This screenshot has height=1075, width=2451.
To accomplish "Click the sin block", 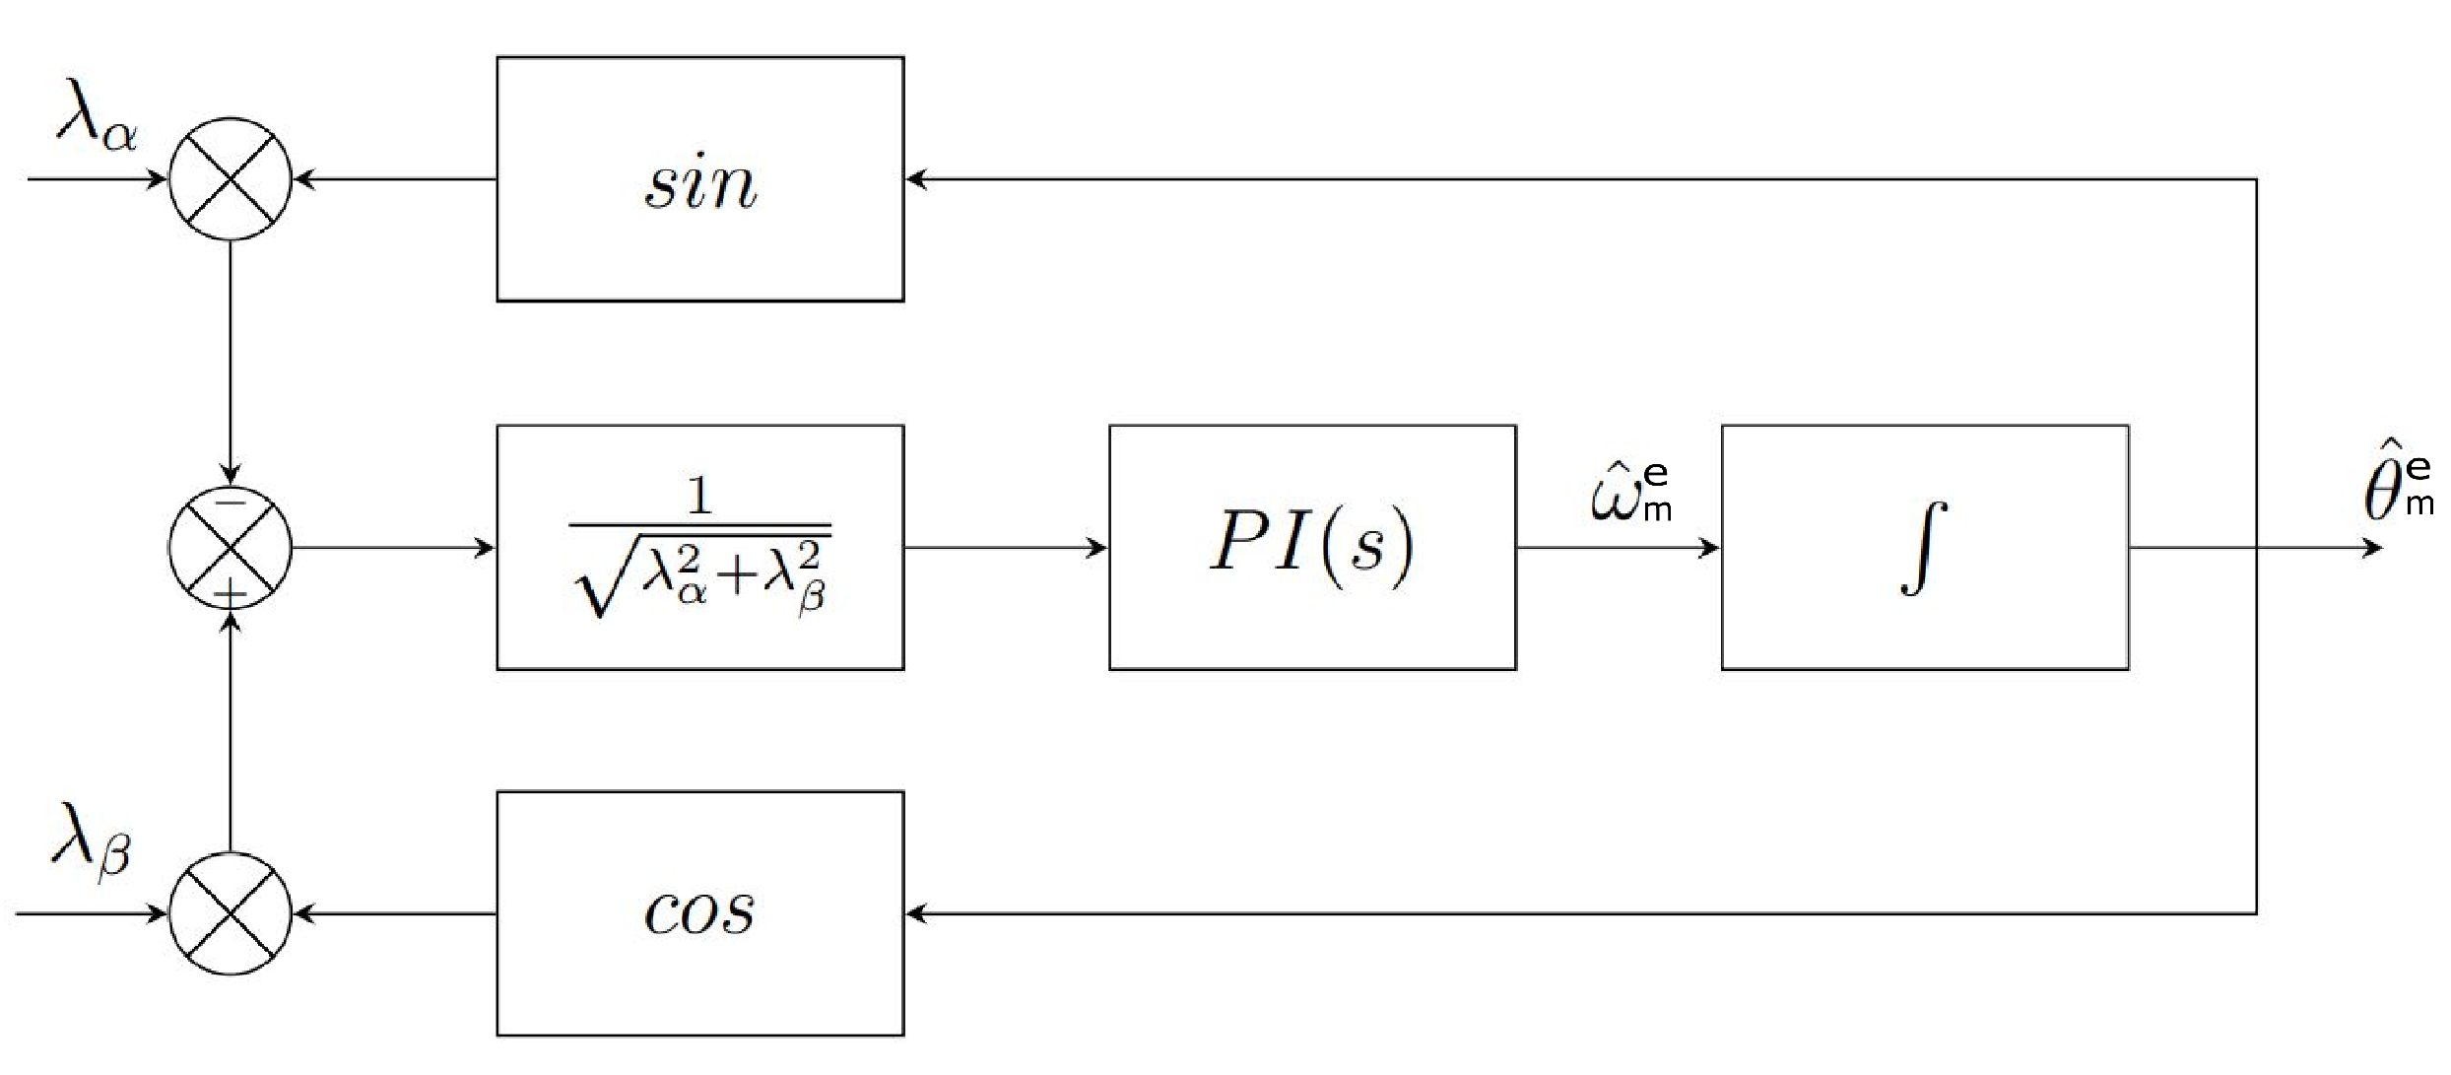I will coord(699,179).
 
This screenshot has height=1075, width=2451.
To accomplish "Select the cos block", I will coord(699,912).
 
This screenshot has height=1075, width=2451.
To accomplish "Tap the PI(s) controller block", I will coord(1312,547).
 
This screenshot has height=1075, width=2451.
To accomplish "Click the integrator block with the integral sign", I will coord(1924,547).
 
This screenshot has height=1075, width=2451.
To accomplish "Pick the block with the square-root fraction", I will coord(699,547).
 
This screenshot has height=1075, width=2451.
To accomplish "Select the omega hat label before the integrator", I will coord(1630,493).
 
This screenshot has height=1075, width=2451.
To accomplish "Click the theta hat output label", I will coord(2398,490).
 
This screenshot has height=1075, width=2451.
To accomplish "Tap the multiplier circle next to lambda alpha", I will coord(231,179).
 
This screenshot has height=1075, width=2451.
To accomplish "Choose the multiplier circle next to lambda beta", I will coord(231,913).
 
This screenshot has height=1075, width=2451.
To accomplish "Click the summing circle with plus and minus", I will coord(231,547).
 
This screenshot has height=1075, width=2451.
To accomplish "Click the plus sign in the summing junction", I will coord(231,593).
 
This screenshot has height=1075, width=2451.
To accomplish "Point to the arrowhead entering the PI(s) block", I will coord(1097,547).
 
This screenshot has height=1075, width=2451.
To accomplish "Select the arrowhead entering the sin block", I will coord(916,179).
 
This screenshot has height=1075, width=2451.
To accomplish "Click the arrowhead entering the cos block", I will coord(916,913).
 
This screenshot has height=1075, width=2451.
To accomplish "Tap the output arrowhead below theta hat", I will coord(2372,547).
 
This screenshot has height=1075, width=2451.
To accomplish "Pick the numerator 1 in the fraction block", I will coord(699,496).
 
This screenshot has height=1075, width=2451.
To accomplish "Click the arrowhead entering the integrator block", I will coord(1710,547).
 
